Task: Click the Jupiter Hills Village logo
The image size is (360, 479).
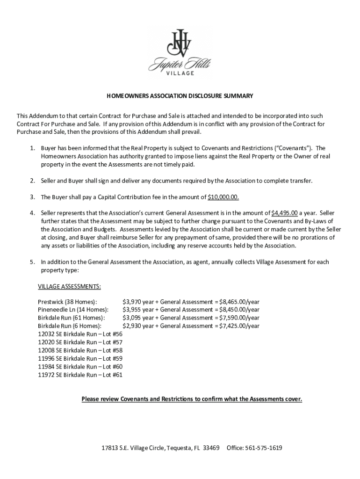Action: click(180, 51)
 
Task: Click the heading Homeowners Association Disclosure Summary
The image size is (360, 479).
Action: click(180, 96)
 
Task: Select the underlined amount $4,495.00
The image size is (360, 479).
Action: click(284, 213)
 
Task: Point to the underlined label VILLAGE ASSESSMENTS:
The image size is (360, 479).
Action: click(69, 286)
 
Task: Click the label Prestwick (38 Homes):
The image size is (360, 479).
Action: click(67, 302)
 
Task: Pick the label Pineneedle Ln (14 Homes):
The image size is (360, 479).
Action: click(73, 310)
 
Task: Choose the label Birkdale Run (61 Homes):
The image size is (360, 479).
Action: click(71, 318)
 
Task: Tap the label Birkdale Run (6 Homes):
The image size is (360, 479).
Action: click(69, 326)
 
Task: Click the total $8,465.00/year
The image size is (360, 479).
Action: click(239, 302)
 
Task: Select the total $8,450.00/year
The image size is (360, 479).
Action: click(239, 310)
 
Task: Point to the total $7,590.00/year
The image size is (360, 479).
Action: click(239, 318)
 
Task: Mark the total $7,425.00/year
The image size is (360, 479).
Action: click(239, 326)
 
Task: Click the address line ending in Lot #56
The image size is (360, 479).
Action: click(80, 334)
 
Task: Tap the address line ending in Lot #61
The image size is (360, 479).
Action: click(80, 375)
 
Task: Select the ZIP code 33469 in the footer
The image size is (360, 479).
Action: click(211, 448)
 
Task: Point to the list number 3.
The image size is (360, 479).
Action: click(33, 197)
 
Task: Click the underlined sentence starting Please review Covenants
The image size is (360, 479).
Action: click(192, 399)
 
